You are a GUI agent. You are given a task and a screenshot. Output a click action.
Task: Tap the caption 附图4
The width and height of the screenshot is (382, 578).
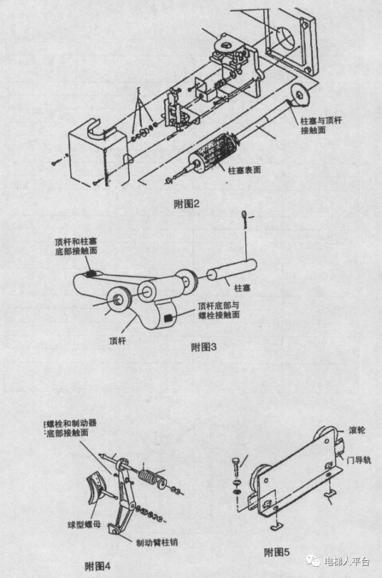tap(98, 564)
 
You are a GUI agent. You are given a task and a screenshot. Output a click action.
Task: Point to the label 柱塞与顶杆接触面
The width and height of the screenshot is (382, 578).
tap(322, 125)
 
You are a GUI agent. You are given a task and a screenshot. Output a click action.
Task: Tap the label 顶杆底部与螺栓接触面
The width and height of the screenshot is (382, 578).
tap(218, 310)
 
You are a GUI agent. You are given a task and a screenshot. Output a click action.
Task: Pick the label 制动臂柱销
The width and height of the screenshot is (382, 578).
tap(156, 542)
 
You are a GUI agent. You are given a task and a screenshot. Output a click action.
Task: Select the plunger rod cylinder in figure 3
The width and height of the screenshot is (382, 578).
tap(232, 269)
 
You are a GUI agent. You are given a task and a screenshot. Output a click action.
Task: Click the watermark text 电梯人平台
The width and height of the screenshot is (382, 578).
tap(346, 561)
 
